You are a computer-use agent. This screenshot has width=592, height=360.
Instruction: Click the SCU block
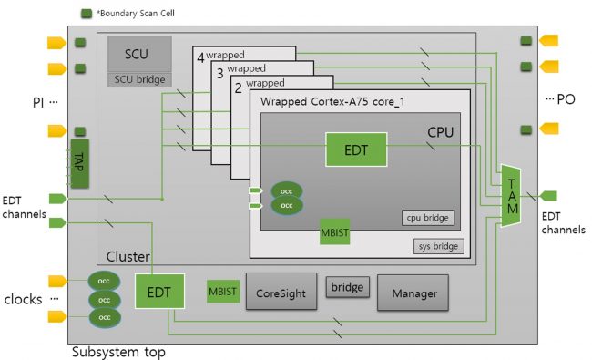point(136,54)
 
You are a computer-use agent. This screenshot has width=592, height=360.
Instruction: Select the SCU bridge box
point(136,79)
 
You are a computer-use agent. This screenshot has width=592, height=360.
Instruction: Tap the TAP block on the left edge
point(79,161)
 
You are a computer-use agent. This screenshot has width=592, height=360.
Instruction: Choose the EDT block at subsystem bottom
point(158,293)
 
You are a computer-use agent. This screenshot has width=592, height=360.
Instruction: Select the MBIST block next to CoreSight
point(222,292)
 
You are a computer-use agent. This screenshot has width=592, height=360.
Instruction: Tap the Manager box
point(413,293)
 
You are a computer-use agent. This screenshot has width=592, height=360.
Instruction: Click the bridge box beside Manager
point(346,288)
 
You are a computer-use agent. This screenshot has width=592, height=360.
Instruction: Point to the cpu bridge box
point(427,218)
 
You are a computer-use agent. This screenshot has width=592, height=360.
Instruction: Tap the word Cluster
point(128,258)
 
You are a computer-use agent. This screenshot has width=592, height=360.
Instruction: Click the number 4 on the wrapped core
point(200,57)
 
